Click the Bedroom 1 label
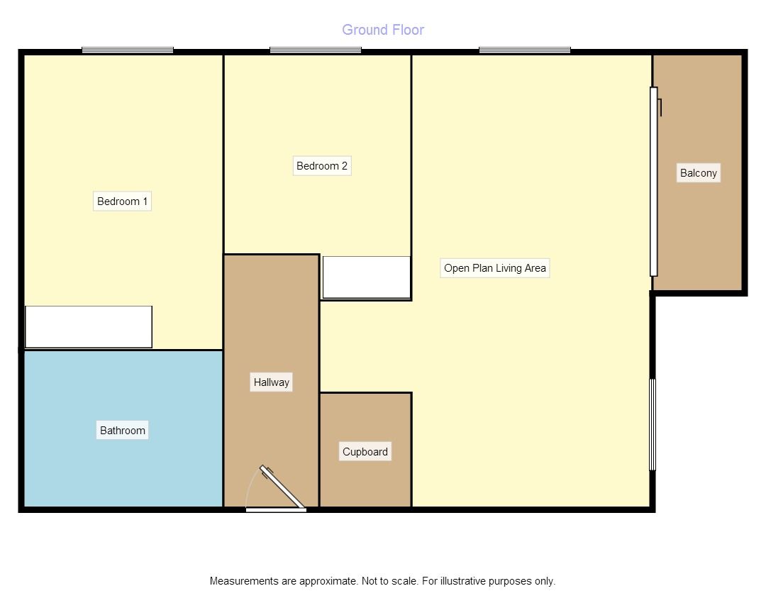(122, 201)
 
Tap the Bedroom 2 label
(322, 166)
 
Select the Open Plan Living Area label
(495, 268)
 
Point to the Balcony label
(699, 173)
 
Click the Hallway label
(272, 382)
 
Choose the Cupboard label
(365, 452)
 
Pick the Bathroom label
(122, 431)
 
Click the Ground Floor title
(383, 30)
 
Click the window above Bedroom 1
(128, 50)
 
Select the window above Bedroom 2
(316, 50)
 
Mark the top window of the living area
(525, 50)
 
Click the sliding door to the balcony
(654, 182)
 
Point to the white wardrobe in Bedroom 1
(89, 327)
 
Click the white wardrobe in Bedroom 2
(367, 277)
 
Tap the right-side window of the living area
(653, 424)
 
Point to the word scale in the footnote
(404, 581)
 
